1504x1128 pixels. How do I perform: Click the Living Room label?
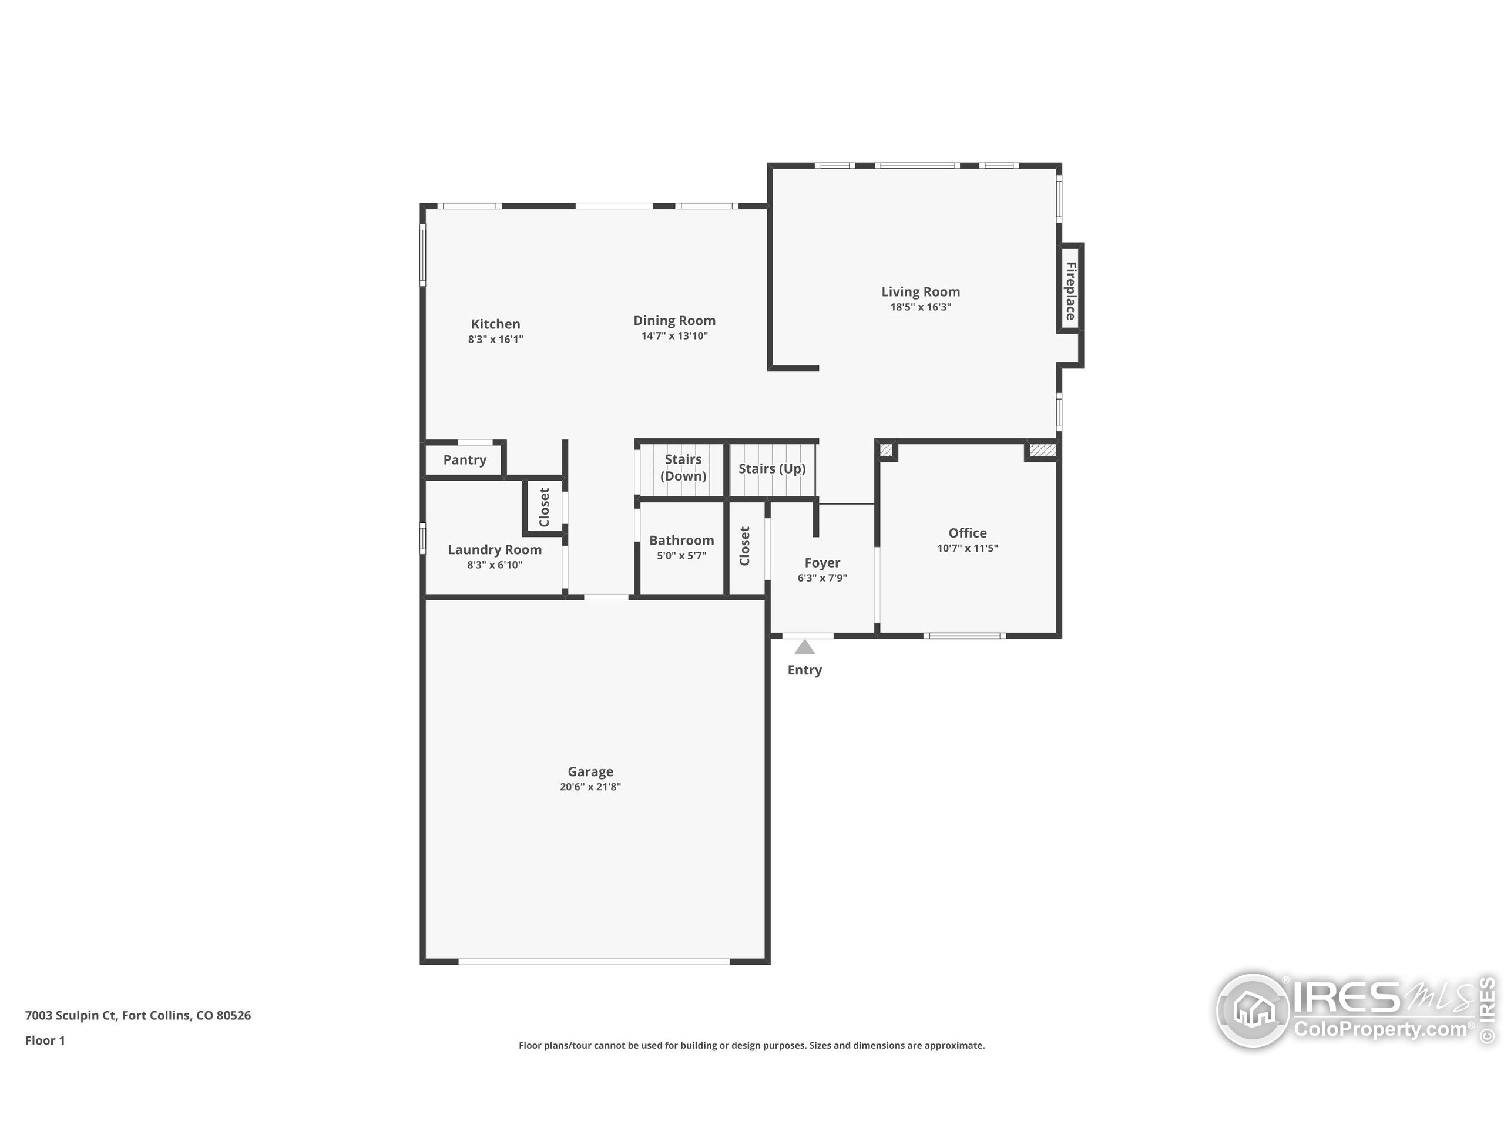pyautogui.click(x=921, y=291)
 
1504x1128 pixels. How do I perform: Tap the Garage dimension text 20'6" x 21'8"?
pyautogui.click(x=590, y=787)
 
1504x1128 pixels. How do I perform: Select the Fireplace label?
pyautogui.click(x=1070, y=291)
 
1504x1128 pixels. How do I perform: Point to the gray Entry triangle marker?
pyautogui.click(x=804, y=647)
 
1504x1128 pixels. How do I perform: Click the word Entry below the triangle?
pyautogui.click(x=804, y=670)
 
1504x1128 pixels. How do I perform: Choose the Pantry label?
pyautogui.click(x=464, y=459)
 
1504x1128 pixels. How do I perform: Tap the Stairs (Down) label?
pyautogui.click(x=683, y=467)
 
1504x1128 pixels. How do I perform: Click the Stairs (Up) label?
pyautogui.click(x=772, y=468)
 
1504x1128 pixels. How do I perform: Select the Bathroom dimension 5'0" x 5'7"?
pyautogui.click(x=681, y=556)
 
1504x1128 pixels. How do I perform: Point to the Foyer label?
pyautogui.click(x=822, y=562)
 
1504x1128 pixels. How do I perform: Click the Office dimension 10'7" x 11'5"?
pyautogui.click(x=967, y=548)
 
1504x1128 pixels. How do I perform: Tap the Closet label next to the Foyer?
pyautogui.click(x=744, y=545)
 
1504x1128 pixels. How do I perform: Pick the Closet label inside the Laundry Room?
pyautogui.click(x=544, y=506)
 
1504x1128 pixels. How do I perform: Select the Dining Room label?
pyautogui.click(x=674, y=320)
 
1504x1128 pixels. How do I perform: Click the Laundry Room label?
pyautogui.click(x=494, y=549)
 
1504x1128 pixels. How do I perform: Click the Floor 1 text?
pyautogui.click(x=45, y=1040)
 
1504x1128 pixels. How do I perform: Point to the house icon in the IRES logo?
pyautogui.click(x=1253, y=1010)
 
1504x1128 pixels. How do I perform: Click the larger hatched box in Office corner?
pyautogui.click(x=1042, y=450)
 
